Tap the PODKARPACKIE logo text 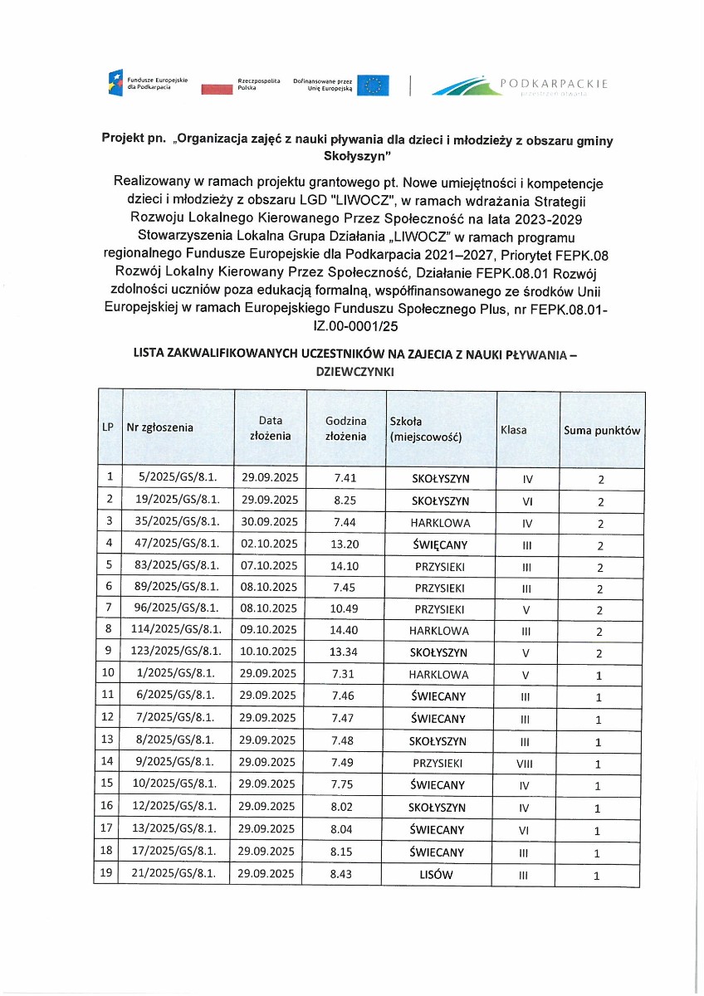[x=555, y=84]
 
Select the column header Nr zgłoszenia [x=159, y=427]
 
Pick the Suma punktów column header [x=602, y=431]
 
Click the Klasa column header [x=513, y=431]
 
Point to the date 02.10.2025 [x=270, y=544]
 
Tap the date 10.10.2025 [x=270, y=652]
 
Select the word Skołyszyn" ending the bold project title [x=354, y=155]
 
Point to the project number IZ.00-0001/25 [x=353, y=327]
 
